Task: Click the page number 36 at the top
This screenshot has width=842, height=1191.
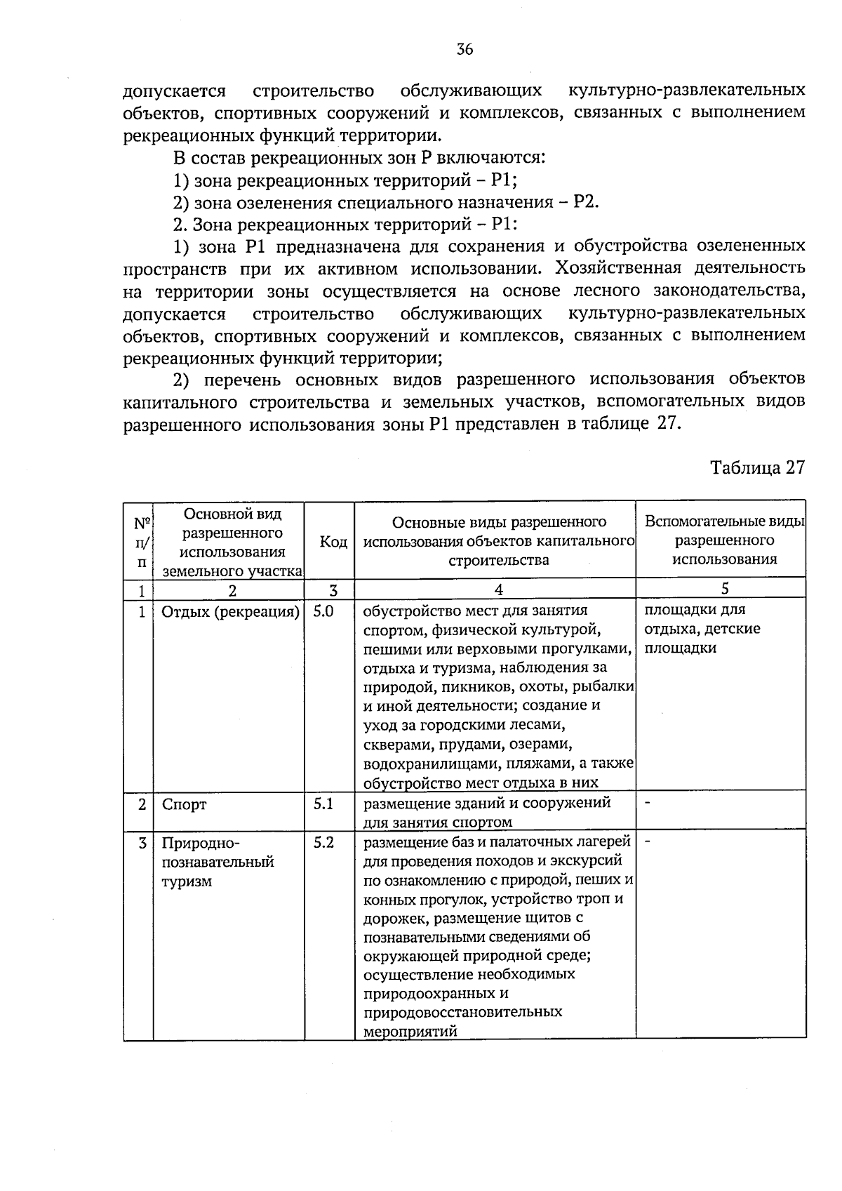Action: point(465,49)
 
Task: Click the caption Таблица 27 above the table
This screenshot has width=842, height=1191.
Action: point(757,468)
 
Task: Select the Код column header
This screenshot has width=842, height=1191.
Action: point(333,542)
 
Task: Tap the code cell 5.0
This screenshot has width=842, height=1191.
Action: point(323,611)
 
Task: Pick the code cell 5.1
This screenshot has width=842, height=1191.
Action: point(323,804)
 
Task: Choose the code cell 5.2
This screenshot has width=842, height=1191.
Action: point(323,842)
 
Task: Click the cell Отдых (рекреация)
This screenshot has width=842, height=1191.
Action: point(230,612)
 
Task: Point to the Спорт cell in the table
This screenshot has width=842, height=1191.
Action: point(184,804)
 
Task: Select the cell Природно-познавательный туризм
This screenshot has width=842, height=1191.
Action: point(218,862)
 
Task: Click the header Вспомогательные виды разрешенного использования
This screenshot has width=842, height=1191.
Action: point(724,540)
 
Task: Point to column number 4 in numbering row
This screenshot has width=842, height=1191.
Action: point(498,590)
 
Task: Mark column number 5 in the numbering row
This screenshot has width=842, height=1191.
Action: point(725,589)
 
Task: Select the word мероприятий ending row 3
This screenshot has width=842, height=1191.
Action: point(410,1032)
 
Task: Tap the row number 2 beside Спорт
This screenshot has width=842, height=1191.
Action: point(142,804)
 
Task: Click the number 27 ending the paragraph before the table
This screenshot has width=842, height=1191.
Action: point(670,425)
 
